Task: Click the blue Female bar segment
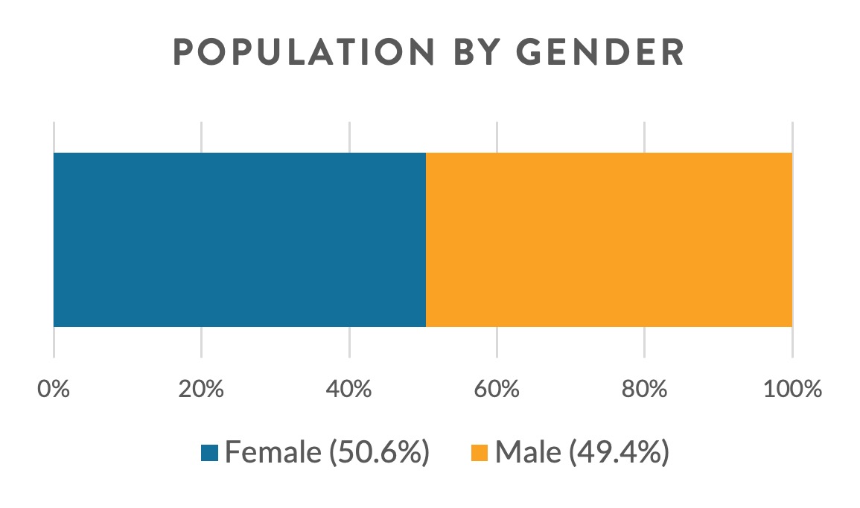239,239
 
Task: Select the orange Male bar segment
609,239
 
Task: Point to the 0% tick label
54,389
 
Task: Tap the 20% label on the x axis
201,389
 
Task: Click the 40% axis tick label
349,389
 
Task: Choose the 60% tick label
497,389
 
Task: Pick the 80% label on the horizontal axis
644,389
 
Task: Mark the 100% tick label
792,389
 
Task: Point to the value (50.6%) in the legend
380,453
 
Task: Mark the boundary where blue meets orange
426,239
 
